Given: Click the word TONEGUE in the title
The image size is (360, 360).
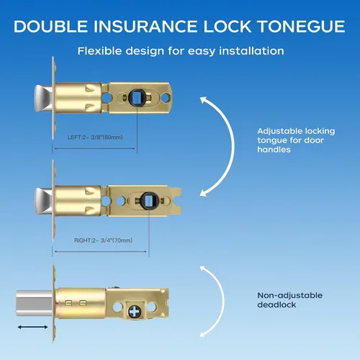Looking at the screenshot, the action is tap(301, 26).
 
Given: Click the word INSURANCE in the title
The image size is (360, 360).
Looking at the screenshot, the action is tap(145, 26).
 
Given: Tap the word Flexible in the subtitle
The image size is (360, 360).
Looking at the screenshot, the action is tap(99, 51).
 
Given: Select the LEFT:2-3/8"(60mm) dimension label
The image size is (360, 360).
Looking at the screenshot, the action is tap(95, 138).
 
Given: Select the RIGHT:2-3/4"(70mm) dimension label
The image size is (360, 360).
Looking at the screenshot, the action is tap(103, 240).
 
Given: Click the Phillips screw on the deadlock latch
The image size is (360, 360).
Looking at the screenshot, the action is tap(135, 312).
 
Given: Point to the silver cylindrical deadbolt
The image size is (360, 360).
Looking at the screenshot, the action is tap(35, 303).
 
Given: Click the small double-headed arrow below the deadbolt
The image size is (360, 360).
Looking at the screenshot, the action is tap(32, 327).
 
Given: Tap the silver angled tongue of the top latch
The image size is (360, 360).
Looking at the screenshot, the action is tap(43, 98).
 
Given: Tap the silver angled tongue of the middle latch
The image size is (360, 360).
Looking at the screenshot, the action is tap(43, 201).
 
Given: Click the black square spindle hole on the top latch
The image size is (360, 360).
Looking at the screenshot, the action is tap(137, 97).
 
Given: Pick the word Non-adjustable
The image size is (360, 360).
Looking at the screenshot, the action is tap(290, 295).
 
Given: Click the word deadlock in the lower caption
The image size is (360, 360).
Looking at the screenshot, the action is tap(276, 305).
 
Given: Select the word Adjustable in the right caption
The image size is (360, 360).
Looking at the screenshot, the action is tap(279, 132).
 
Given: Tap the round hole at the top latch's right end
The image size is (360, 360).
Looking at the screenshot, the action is tap(166, 98).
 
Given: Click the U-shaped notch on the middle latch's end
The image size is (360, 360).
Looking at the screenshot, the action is tap(178, 201).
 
